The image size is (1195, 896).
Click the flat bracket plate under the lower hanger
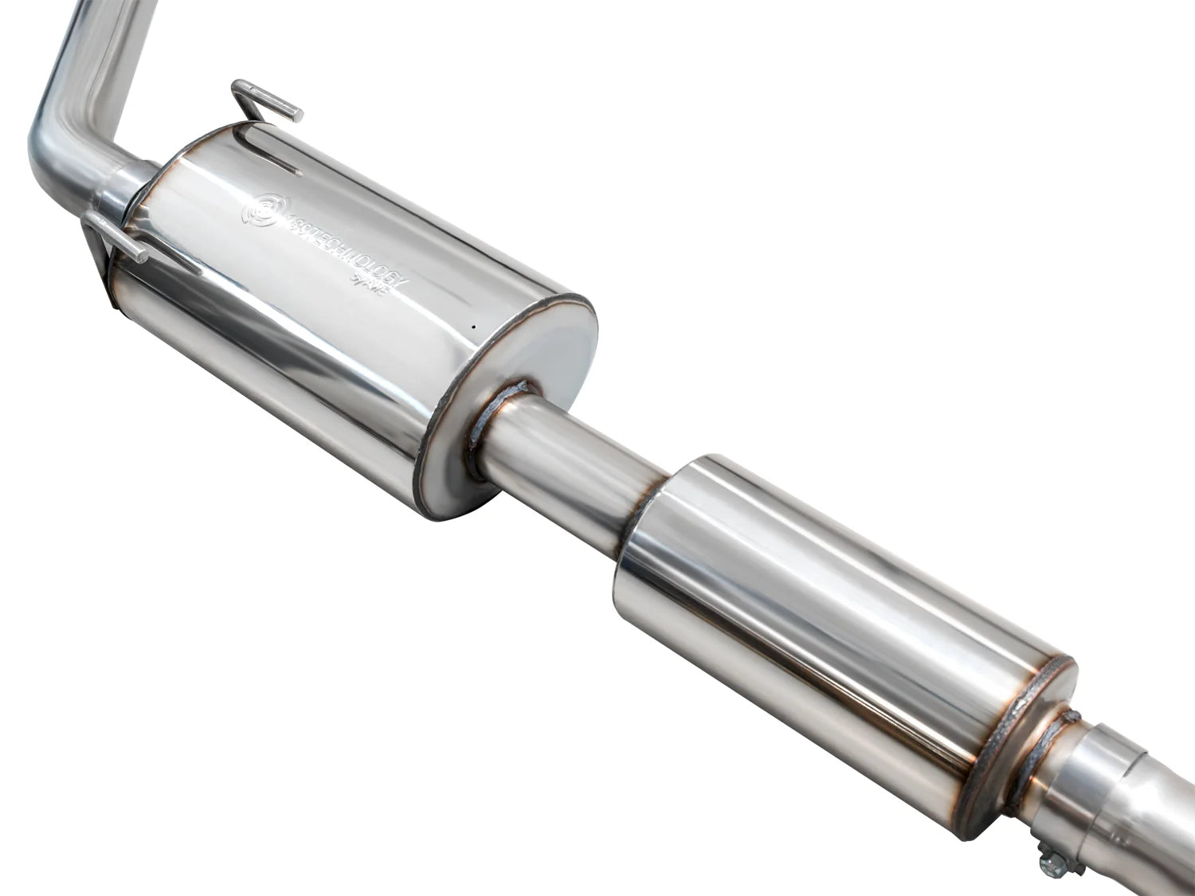pyautogui.click(x=104, y=271)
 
